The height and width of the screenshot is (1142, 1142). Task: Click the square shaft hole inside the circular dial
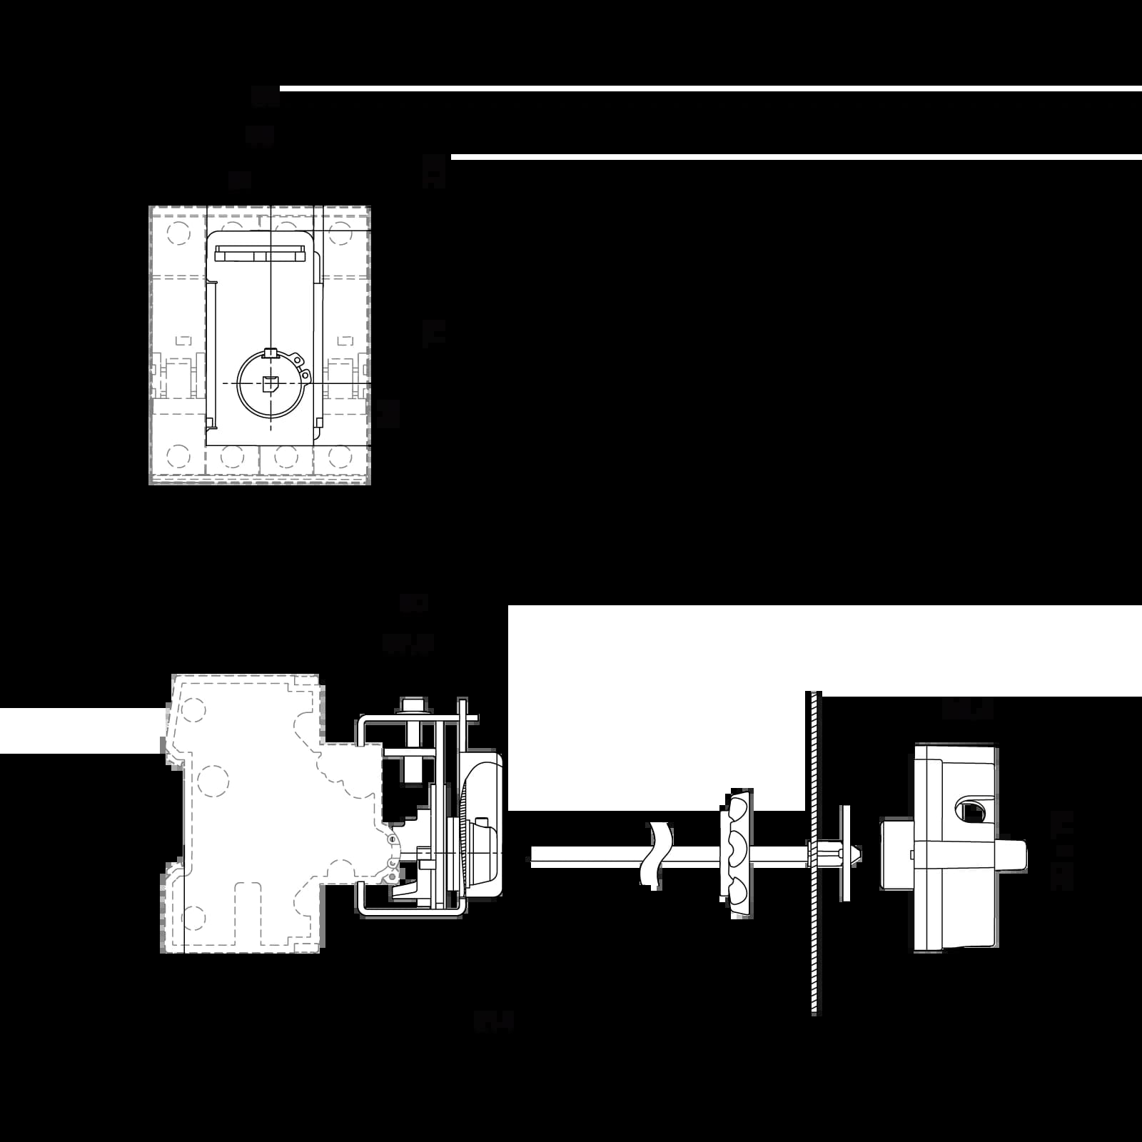pyautogui.click(x=269, y=384)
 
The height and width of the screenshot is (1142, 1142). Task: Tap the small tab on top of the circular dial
pyautogui.click(x=269, y=352)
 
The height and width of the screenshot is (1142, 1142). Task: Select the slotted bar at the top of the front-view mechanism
pyautogui.click(x=260, y=254)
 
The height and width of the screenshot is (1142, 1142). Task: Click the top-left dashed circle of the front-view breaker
pyautogui.click(x=177, y=233)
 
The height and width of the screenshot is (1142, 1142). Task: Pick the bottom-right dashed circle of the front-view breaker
pyautogui.click(x=340, y=455)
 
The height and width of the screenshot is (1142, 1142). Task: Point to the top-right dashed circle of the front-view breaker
pyautogui.click(x=340, y=233)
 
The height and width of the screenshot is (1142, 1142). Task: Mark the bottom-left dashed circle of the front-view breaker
pyautogui.click(x=177, y=455)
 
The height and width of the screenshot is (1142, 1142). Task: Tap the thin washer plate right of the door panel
pyautogui.click(x=846, y=854)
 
